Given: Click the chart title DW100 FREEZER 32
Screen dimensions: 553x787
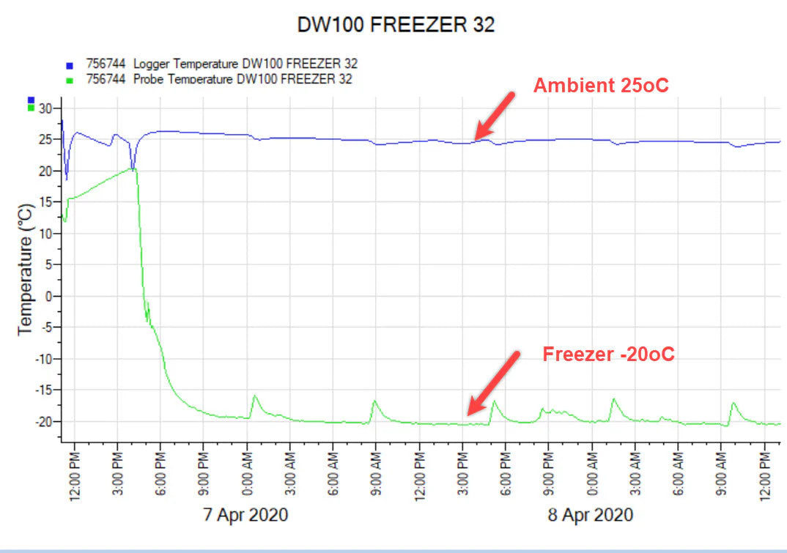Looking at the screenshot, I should [x=396, y=25].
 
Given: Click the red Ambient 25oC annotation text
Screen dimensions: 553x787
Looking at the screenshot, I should [x=601, y=86].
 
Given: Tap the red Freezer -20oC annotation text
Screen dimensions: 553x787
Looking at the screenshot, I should [x=608, y=355].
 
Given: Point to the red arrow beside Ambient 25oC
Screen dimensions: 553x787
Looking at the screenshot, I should [x=495, y=116].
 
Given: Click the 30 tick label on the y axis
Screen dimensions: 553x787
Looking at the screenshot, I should [x=47, y=108].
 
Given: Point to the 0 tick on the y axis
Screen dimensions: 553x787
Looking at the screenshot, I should [x=50, y=296].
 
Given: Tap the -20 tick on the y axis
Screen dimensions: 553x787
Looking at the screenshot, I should [x=45, y=422].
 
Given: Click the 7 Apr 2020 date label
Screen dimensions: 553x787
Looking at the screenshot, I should [x=245, y=515].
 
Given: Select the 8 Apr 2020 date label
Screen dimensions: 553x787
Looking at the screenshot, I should [x=590, y=515].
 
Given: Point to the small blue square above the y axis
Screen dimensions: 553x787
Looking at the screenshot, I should [x=31, y=100].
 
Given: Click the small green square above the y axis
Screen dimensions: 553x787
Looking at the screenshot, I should [x=31, y=108].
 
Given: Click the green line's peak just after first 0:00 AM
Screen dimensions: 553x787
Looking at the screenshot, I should [x=255, y=396].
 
